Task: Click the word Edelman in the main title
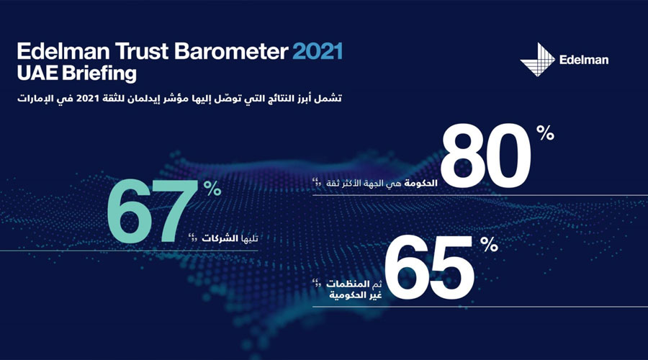(63, 53)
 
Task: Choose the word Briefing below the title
(99, 73)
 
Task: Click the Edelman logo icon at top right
(536, 58)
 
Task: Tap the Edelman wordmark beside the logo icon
(583, 60)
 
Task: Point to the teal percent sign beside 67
(211, 189)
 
